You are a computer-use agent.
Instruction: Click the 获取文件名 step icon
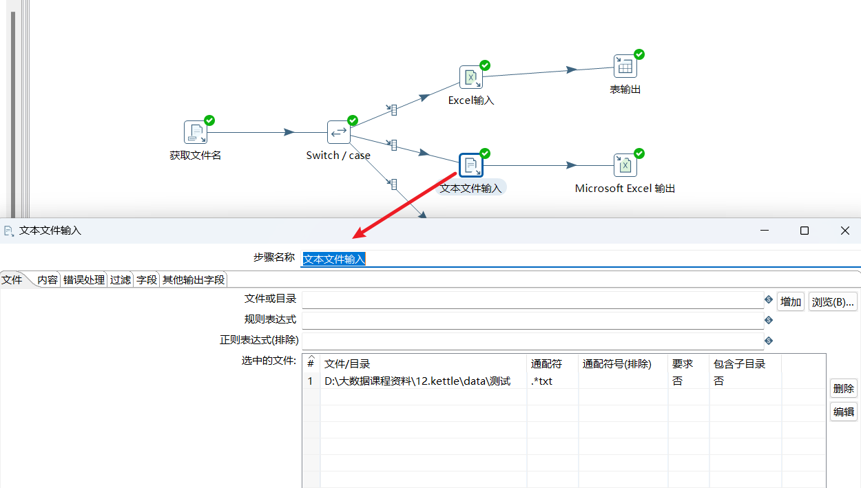click(196, 132)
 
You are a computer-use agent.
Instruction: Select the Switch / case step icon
click(339, 132)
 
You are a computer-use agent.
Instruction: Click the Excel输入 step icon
click(471, 77)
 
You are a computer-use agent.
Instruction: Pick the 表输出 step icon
click(625, 66)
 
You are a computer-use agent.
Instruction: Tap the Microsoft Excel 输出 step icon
click(625, 165)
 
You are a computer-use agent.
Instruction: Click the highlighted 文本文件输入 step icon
click(471, 165)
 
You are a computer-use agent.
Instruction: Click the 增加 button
click(791, 301)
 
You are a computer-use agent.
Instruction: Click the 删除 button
click(843, 389)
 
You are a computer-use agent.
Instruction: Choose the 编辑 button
click(843, 412)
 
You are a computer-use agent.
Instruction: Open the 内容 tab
click(48, 279)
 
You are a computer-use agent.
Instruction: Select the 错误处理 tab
click(84, 279)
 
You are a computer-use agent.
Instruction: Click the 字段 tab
click(147, 279)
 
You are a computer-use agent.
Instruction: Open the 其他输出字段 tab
click(194, 279)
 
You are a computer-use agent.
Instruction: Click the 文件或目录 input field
click(532, 300)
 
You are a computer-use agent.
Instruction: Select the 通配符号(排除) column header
click(617, 363)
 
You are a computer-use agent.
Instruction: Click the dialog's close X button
click(845, 231)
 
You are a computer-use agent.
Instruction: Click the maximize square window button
click(805, 231)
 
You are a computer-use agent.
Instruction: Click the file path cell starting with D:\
click(417, 381)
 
